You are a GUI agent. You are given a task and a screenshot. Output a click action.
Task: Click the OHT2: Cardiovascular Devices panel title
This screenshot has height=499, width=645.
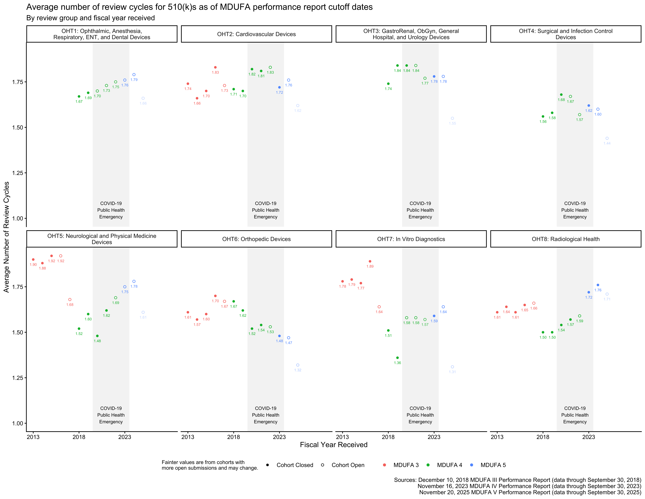pyautogui.click(x=256, y=34)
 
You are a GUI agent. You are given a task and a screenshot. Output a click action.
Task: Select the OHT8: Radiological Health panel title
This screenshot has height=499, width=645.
pyautogui.click(x=566, y=239)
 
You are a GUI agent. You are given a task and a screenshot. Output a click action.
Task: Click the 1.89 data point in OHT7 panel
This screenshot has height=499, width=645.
pyautogui.click(x=370, y=261)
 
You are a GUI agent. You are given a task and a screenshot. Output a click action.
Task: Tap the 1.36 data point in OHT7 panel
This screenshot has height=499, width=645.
pyautogui.click(x=397, y=358)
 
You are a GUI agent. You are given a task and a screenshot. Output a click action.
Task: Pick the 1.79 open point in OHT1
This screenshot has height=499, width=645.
pyautogui.click(x=134, y=75)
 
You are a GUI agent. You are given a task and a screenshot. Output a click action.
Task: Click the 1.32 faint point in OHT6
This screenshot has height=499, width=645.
pyautogui.click(x=298, y=365)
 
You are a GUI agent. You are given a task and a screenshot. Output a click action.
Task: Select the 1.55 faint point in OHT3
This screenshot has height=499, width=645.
pyautogui.click(x=452, y=118)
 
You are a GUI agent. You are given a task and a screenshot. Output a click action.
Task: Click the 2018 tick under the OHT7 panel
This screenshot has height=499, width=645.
pyautogui.click(x=388, y=437)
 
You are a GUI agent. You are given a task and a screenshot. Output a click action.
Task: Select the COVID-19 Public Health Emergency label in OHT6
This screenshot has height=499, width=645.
pyautogui.click(x=266, y=415)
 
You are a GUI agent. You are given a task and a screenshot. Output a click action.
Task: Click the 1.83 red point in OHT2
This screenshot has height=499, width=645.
pyautogui.click(x=215, y=67)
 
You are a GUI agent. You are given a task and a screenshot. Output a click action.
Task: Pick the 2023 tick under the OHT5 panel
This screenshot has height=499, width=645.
pyautogui.click(x=125, y=437)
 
